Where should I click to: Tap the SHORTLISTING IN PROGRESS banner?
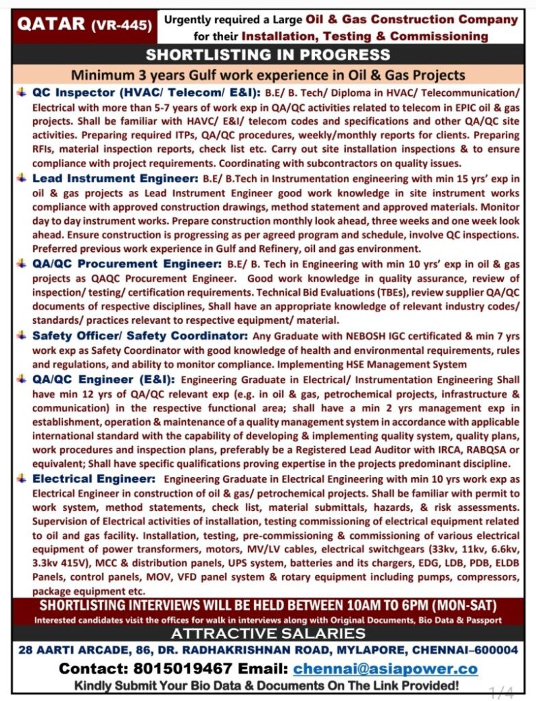tap(268, 55)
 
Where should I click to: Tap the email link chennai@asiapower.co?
tap(385, 669)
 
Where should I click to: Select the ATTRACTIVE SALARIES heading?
tap(268, 633)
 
